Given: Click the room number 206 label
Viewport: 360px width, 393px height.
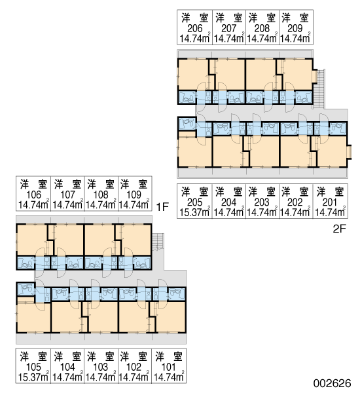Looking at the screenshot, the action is pos(194,28).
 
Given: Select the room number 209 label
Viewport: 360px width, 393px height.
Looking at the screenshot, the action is pos(295,28).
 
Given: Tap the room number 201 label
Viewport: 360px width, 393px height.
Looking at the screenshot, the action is pos(330,202).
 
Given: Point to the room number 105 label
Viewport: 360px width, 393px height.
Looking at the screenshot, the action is pos(33,367).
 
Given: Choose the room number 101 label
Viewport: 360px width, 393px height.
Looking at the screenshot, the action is pos(169,367).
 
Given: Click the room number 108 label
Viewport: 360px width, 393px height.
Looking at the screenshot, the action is pos(101,195).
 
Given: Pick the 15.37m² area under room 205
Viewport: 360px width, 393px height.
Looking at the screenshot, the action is pos(194,212).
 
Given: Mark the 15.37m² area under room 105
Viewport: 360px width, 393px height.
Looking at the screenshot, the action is pos(33,377).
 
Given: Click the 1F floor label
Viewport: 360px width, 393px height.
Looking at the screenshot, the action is pos(162,207).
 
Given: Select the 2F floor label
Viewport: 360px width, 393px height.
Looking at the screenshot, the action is pos(340,229).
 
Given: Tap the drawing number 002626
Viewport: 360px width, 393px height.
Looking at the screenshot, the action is pos(333,383).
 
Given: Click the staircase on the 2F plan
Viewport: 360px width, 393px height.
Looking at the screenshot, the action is pos(319,89).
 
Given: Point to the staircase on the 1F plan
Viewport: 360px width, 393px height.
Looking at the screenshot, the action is pos(158,242).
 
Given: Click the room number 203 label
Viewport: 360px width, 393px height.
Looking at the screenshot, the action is pos(262,202).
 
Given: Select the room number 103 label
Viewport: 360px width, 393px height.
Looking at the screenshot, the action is pos(101,367).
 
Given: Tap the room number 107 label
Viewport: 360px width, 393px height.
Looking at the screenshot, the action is pos(67,195).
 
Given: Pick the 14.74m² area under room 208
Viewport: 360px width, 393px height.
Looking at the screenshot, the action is pos(262,39).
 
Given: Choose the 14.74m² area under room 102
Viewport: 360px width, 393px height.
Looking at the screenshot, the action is pos(134,377).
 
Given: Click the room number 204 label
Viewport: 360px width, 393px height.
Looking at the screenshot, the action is pos(228,202).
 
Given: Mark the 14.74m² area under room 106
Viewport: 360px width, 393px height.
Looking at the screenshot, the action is pos(33,205).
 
